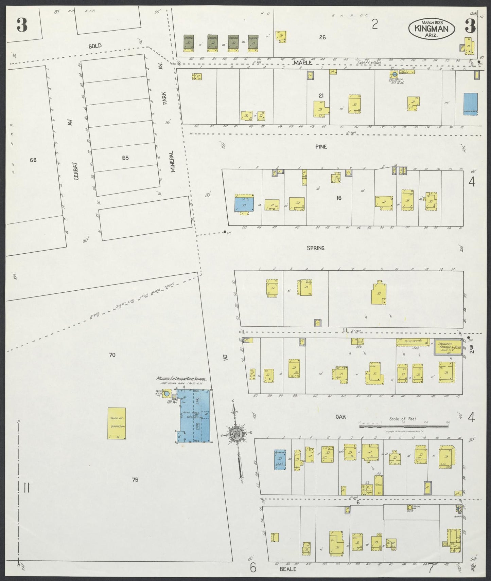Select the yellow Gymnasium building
[x=117, y=423]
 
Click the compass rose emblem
[x=235, y=434]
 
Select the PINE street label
[x=320, y=147]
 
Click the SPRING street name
[x=315, y=248]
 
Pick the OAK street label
[x=340, y=417]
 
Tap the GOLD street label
[x=95, y=46]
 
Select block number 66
[x=33, y=160]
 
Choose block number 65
[x=125, y=158]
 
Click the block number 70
[x=112, y=355]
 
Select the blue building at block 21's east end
[x=470, y=104]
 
